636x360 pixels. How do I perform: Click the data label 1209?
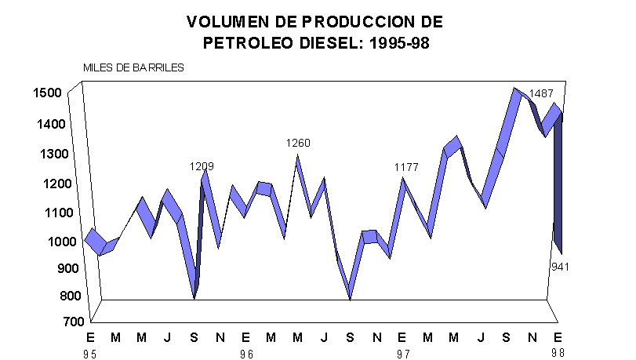(x=202, y=166)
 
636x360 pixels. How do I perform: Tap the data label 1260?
(x=298, y=143)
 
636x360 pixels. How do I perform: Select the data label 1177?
(x=406, y=167)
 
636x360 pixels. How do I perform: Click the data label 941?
(x=560, y=267)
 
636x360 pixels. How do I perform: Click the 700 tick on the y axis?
(x=51, y=322)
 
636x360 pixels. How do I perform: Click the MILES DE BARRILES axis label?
(x=134, y=67)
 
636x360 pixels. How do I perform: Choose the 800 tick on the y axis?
(x=51, y=296)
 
